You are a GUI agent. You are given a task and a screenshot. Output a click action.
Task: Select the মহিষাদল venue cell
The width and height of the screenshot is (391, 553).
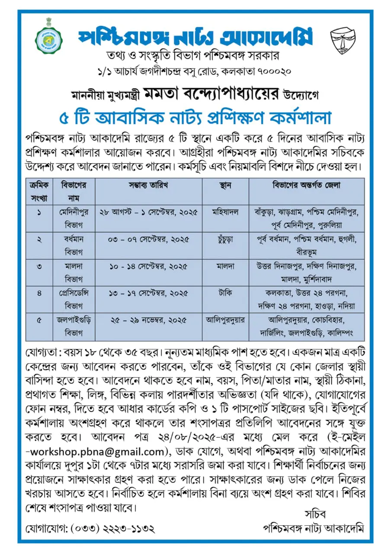point(225,212)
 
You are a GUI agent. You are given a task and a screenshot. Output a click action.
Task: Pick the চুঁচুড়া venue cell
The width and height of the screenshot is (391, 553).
point(225,239)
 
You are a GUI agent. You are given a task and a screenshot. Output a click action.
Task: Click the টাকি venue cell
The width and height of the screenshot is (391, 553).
point(225,292)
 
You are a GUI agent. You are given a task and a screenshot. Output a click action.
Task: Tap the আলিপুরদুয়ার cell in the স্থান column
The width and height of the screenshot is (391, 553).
point(225,320)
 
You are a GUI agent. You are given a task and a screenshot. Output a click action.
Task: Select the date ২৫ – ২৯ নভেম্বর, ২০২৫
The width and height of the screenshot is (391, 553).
point(148,320)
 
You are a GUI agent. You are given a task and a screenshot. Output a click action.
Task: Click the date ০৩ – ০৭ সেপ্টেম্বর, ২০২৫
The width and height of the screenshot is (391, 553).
point(148,239)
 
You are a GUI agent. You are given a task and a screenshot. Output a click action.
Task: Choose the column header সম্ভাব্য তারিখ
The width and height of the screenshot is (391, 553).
point(148,185)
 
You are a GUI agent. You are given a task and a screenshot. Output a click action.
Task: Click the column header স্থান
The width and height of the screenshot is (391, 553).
point(225,185)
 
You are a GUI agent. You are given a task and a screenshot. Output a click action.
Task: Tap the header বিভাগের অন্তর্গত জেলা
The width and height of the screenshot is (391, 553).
point(306,185)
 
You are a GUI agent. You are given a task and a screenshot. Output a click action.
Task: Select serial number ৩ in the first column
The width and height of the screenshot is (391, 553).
point(39,266)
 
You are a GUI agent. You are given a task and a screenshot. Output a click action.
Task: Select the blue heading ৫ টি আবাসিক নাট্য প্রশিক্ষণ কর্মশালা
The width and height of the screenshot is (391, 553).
point(195,118)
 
